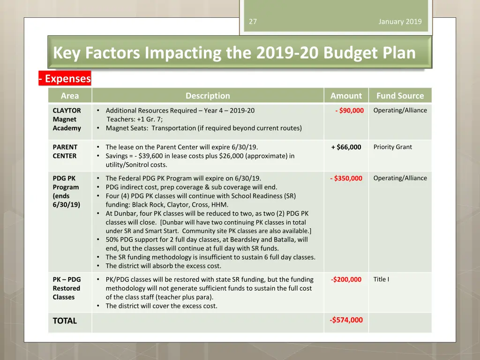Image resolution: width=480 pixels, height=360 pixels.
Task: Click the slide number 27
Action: coord(253,22)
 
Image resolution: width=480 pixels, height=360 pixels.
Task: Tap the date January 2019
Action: coord(400,22)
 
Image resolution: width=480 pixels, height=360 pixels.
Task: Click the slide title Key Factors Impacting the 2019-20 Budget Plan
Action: coord(234,53)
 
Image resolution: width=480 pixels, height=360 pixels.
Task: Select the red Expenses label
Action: coord(65,79)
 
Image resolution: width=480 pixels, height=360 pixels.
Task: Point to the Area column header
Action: coord(70,96)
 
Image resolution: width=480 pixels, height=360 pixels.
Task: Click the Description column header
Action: coord(208,96)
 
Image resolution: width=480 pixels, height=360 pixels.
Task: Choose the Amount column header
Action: coord(346,96)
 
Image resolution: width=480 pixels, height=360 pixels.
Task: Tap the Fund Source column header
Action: coord(400,96)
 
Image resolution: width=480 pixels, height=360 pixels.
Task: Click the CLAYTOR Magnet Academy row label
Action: coord(67,119)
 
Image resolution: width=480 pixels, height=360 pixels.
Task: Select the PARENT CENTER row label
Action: coord(65,151)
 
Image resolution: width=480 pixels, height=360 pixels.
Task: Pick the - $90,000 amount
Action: coord(350,111)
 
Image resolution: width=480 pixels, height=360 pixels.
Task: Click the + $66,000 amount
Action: coord(346,147)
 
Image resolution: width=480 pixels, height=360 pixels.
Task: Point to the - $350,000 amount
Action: coord(346,178)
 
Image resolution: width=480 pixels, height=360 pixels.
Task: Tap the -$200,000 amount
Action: coord(346,279)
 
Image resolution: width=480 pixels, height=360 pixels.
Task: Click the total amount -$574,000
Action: coord(346,320)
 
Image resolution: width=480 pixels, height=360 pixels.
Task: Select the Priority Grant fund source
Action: coord(392,147)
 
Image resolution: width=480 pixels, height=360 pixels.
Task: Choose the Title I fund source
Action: coord(381,279)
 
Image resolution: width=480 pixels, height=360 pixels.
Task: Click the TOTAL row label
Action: coord(65,321)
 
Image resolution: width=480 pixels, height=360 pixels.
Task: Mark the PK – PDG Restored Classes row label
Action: coord(67,288)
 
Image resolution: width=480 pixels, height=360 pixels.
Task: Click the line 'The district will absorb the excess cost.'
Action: coord(163,266)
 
